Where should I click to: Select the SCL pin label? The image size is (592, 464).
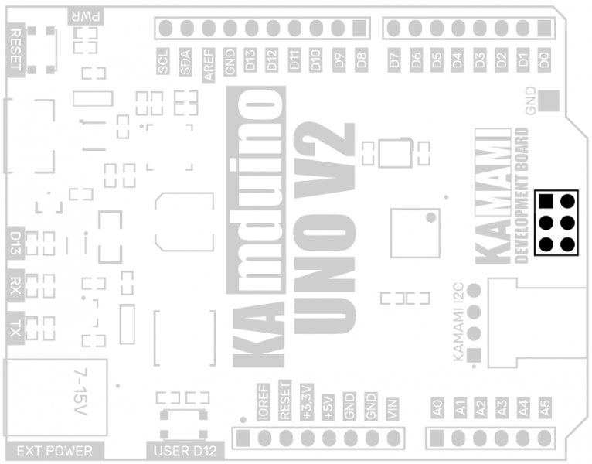coord(163,63)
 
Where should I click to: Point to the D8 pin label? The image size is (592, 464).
coord(359,61)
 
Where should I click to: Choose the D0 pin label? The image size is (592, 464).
coord(545,61)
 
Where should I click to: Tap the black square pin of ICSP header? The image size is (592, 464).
coord(546,202)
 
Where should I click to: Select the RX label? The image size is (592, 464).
coord(15,285)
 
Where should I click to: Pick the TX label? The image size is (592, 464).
coord(15,330)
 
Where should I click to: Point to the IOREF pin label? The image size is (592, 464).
coord(263,402)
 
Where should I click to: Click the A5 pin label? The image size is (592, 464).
coord(546,406)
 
